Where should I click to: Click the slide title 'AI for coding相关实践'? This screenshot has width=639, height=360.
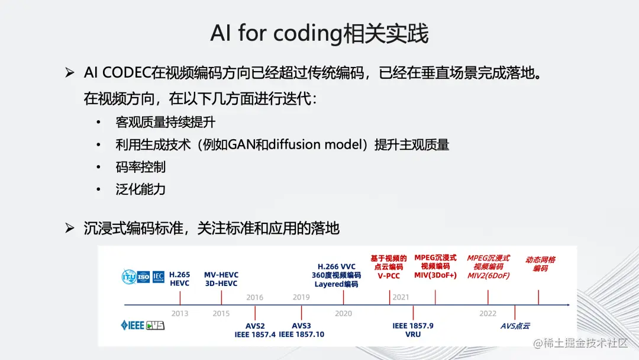tap(319, 34)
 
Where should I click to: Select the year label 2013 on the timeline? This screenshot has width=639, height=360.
tap(180, 313)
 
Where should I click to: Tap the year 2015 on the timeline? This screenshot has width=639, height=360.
tap(221, 313)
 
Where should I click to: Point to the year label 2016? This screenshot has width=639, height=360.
tap(254, 297)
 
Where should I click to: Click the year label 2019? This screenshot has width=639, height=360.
tap(301, 297)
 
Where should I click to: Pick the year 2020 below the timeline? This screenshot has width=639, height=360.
tap(343, 313)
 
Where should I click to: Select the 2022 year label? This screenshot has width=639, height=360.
tap(488, 313)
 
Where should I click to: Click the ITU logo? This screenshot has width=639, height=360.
tap(128, 277)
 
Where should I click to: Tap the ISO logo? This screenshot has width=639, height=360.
tap(143, 277)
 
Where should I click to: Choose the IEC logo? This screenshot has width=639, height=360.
tap(159, 277)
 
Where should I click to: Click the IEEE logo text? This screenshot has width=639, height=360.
tap(133, 325)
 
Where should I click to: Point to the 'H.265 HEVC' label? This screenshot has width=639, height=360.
tap(180, 279)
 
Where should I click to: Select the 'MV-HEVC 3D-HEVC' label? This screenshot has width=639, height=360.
tap(221, 279)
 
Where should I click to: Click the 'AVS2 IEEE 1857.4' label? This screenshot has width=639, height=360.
tap(255, 330)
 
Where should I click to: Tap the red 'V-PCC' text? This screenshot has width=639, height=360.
tap(389, 275)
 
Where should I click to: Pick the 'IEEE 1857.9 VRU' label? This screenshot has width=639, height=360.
tap(413, 330)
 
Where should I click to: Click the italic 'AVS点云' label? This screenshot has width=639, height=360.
tap(515, 326)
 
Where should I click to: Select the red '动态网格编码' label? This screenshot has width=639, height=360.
tap(540, 263)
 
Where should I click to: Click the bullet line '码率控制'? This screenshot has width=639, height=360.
tap(141, 167)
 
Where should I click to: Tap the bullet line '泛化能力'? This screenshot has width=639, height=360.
tap(141, 189)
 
